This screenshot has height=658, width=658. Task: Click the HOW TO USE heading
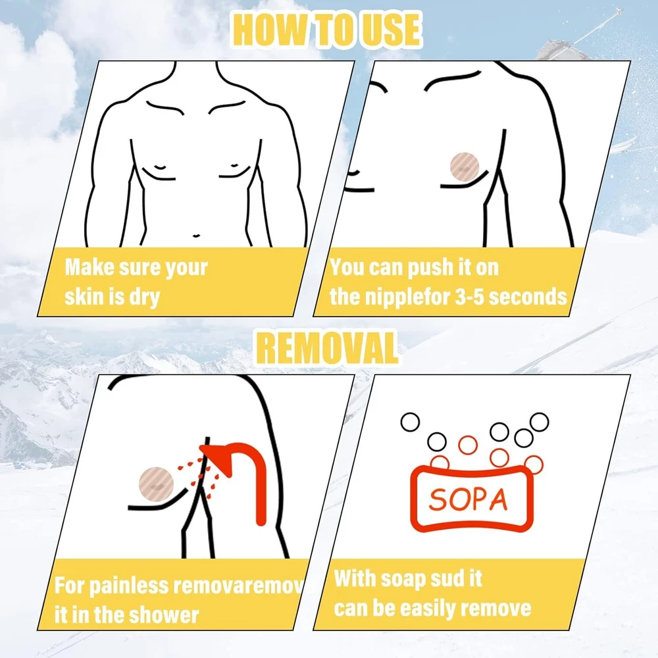[327, 30]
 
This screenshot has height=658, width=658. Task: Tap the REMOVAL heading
[327, 347]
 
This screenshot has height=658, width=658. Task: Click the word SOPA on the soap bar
[468, 499]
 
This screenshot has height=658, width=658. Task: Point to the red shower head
[235, 470]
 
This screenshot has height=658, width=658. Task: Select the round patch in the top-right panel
[464, 167]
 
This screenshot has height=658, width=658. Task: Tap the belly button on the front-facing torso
[196, 236]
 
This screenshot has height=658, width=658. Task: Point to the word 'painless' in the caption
[129, 586]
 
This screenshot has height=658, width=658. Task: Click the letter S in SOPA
[438, 500]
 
